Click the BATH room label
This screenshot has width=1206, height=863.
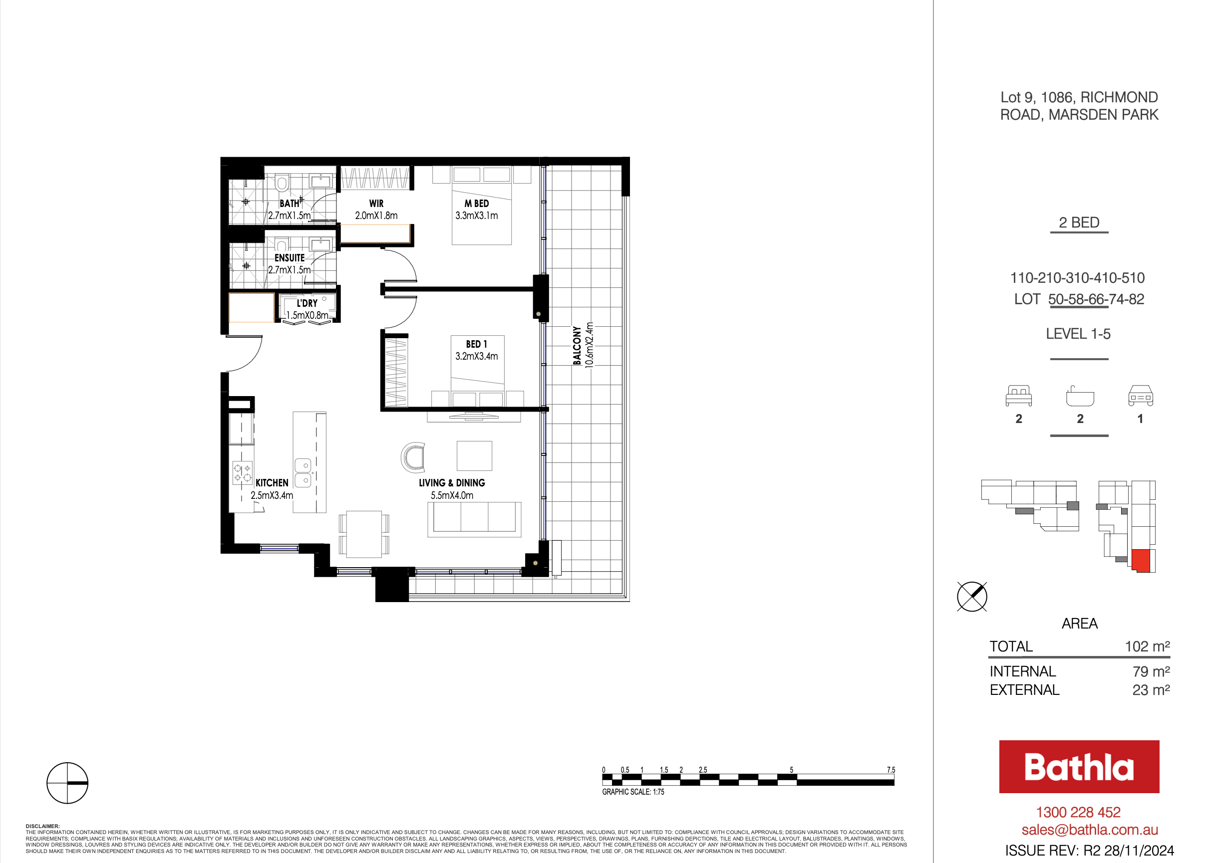[289, 204]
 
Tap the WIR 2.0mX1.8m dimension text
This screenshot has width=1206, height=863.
[376, 216]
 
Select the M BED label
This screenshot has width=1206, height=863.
[476, 204]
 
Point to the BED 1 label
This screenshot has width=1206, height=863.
[476, 344]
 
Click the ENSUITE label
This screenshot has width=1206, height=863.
[289, 258]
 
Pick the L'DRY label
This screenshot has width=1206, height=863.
[307, 303]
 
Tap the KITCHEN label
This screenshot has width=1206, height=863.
[272, 482]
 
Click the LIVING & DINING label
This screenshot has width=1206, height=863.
[452, 482]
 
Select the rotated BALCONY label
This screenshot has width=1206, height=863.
[577, 345]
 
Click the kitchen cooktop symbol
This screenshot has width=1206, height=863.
[242, 473]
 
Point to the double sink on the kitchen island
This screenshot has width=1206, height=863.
[302, 473]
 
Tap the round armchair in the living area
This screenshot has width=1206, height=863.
[413, 457]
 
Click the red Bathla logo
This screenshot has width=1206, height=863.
[1079, 767]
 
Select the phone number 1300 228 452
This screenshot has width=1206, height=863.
[1078, 812]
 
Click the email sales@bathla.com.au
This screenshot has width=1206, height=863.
[1090, 830]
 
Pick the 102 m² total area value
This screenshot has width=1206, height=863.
[1148, 646]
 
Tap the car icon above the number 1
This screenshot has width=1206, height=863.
[1141, 396]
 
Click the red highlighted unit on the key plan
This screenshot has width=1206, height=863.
[1141, 560]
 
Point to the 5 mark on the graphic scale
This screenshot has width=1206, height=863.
[791, 770]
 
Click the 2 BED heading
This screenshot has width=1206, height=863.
[1079, 222]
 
